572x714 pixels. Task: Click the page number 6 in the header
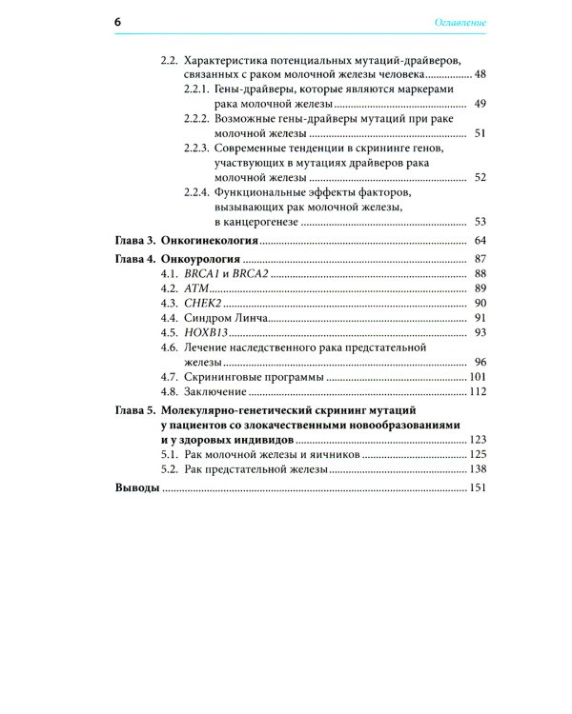tap(118, 20)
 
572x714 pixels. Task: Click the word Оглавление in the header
tap(460, 21)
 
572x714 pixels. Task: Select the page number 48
tap(480, 74)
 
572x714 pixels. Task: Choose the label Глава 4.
tap(135, 259)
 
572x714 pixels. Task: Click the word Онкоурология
tap(201, 259)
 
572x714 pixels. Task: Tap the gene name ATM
tap(194, 288)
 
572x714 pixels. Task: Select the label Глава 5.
tap(135, 411)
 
